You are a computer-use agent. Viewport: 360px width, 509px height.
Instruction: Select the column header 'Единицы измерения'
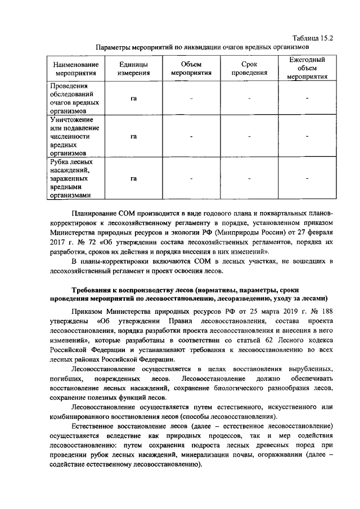coord(134,67)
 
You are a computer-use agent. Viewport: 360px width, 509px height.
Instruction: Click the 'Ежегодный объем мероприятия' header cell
coord(307,67)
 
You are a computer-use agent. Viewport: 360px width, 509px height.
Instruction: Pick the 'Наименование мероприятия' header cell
coord(76,67)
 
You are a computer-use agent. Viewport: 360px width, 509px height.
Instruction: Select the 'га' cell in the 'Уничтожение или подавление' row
coord(134,137)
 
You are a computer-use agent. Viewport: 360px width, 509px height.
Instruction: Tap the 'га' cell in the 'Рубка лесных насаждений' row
coord(134,179)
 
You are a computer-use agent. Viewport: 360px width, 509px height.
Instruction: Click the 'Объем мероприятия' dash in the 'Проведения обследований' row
coord(191,99)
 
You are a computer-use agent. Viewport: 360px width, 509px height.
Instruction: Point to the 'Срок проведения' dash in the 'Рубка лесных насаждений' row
coord(249,179)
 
